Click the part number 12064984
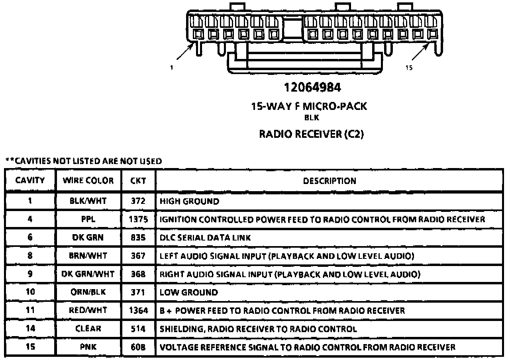click(x=312, y=87)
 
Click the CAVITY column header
click(x=30, y=180)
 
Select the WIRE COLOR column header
click(x=88, y=180)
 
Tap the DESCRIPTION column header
click(x=329, y=181)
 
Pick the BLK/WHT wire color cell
click(x=88, y=201)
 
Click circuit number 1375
click(x=138, y=219)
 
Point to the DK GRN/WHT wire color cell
click(x=88, y=274)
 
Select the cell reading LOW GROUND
click(x=188, y=292)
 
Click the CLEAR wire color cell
click(x=88, y=329)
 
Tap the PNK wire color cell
click(x=88, y=347)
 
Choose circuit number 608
click(x=138, y=347)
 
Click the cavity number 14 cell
click(x=30, y=329)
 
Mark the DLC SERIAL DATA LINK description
click(x=205, y=238)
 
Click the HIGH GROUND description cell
click(x=189, y=201)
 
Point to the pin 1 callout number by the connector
click(x=171, y=68)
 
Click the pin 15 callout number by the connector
click(x=409, y=68)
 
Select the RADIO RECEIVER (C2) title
click(x=312, y=134)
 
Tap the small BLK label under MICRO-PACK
click(x=312, y=117)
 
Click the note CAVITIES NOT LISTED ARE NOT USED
click(x=84, y=161)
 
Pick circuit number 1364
click(x=138, y=310)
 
